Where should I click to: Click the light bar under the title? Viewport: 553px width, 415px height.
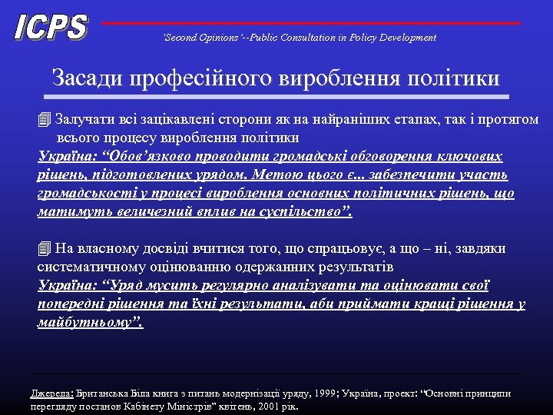pos(276,98)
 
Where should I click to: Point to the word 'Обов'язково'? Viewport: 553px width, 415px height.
pos(149,157)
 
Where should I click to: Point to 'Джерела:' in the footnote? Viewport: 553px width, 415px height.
pos(51,393)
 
